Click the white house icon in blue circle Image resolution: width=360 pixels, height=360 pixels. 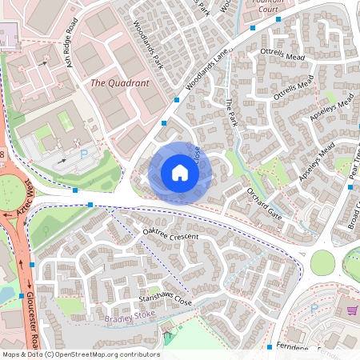[x=180, y=173]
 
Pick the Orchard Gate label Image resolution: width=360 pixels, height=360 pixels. [x=265, y=204]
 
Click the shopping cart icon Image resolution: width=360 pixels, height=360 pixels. [x=351, y=310]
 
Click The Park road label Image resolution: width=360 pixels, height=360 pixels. [x=231, y=113]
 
